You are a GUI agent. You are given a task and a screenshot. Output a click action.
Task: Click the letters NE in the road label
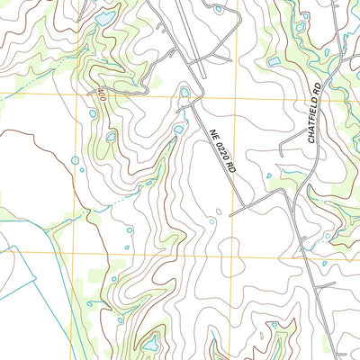coord(215,135)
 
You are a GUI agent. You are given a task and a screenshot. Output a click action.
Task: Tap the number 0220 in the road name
coord(221,151)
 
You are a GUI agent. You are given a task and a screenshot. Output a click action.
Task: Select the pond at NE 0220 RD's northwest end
coord(184,91)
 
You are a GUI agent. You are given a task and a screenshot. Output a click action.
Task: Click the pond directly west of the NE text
coord(178,130)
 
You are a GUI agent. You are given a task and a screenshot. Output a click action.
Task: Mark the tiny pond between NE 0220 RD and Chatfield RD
coord(268,175)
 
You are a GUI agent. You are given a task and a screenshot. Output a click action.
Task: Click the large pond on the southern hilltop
coord(149,343)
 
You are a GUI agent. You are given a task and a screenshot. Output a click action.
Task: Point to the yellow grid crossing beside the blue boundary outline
coord(73,251)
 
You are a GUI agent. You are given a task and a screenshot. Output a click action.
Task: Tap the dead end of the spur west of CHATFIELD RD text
coord(281,169)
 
